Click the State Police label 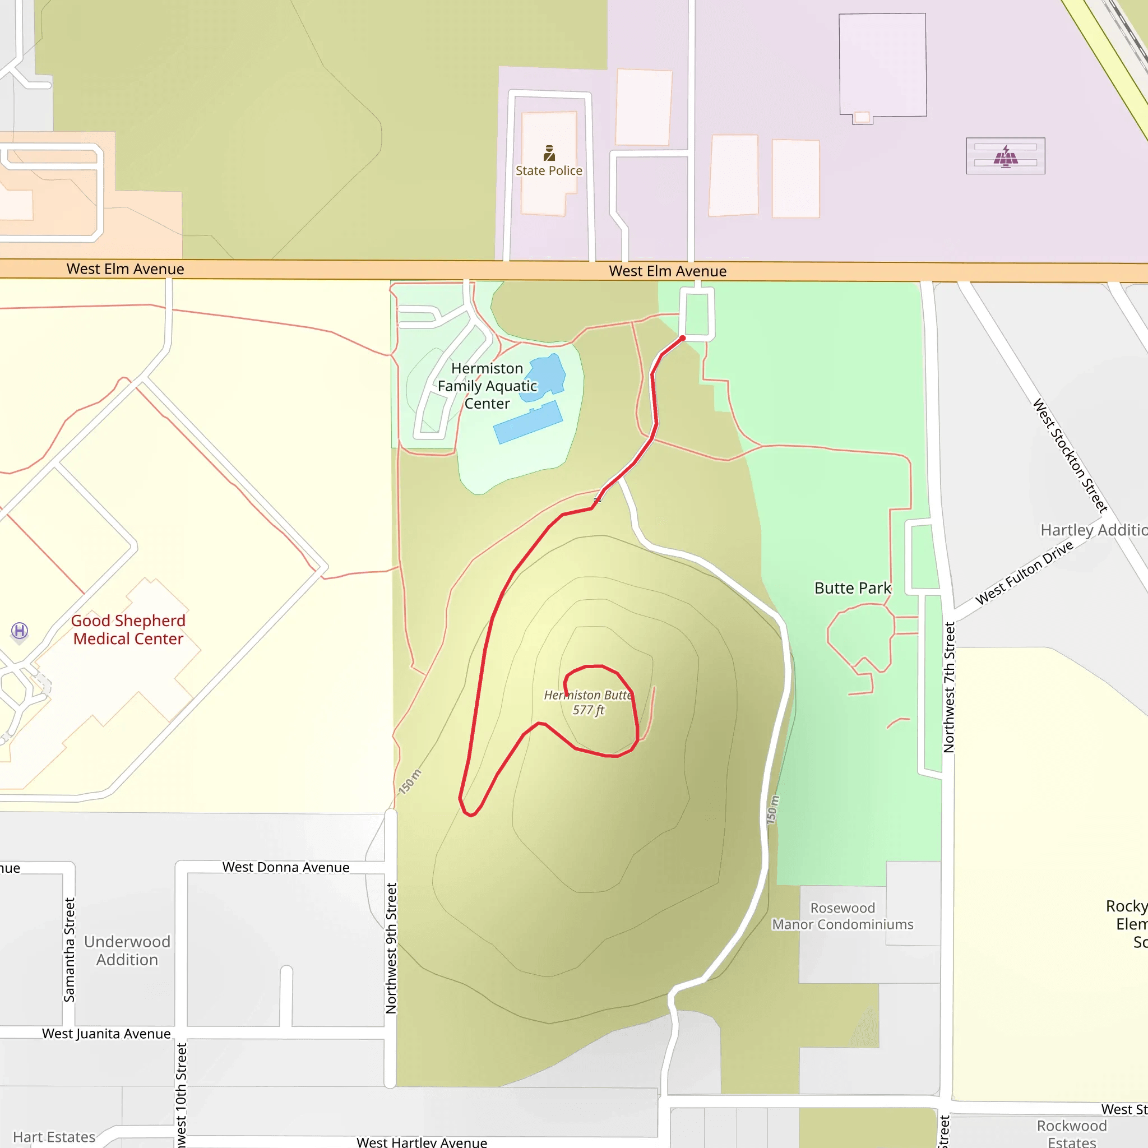pyautogui.click(x=548, y=170)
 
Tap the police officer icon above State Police pyautogui.click(x=549, y=152)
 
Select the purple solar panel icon pyautogui.click(x=1006, y=157)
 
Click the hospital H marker pyautogui.click(x=20, y=631)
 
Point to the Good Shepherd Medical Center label pyautogui.click(x=128, y=629)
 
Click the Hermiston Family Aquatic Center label pyautogui.click(x=487, y=386)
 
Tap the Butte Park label pyautogui.click(x=852, y=587)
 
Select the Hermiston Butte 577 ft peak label pyautogui.click(x=587, y=702)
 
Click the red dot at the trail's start pyautogui.click(x=683, y=338)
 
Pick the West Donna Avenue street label pyautogui.click(x=286, y=867)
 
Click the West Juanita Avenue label pyautogui.click(x=107, y=1033)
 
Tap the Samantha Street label pyautogui.click(x=70, y=950)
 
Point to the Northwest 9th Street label pyautogui.click(x=391, y=948)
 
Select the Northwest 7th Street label pyautogui.click(x=949, y=687)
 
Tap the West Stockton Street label pyautogui.click(x=1070, y=455)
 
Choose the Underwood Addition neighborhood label pyautogui.click(x=127, y=950)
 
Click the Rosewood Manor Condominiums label pyautogui.click(x=843, y=916)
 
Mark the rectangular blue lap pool pyautogui.click(x=528, y=423)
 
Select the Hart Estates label pyautogui.click(x=54, y=1137)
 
